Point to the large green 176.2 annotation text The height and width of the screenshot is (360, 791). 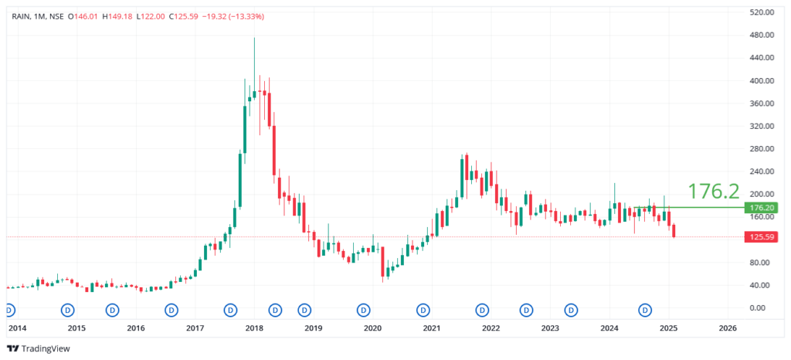[714, 190]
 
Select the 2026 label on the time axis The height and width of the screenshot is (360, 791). [728, 328]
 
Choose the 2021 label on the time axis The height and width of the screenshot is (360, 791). [431, 328]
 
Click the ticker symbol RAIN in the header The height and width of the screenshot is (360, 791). [22, 16]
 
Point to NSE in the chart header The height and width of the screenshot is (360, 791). [56, 16]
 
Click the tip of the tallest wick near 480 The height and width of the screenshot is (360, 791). [254, 38]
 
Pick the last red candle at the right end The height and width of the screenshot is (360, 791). [674, 231]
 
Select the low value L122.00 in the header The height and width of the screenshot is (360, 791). [151, 16]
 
